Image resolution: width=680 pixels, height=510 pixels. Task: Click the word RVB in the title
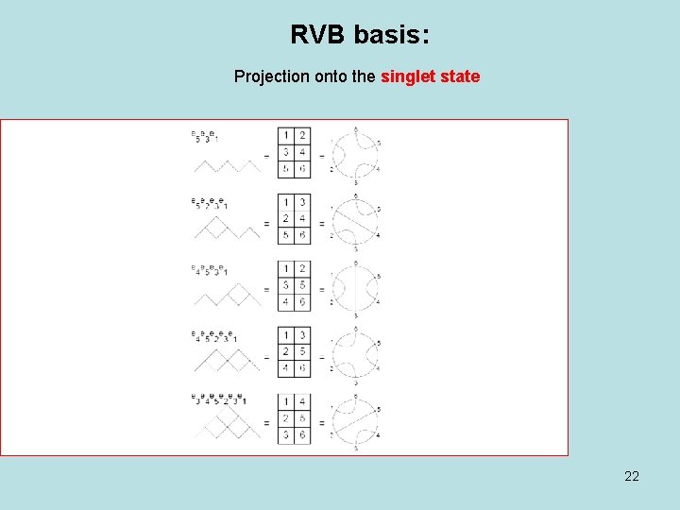(317, 36)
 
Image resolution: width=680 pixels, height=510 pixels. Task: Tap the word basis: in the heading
(391, 36)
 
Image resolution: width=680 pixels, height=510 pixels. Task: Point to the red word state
(461, 76)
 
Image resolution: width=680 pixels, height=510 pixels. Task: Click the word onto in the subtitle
(330, 76)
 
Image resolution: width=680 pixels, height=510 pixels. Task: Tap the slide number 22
(632, 476)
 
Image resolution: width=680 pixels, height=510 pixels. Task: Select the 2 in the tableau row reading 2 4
(285, 219)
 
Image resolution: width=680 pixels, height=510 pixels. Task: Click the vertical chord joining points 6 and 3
(355, 285)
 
